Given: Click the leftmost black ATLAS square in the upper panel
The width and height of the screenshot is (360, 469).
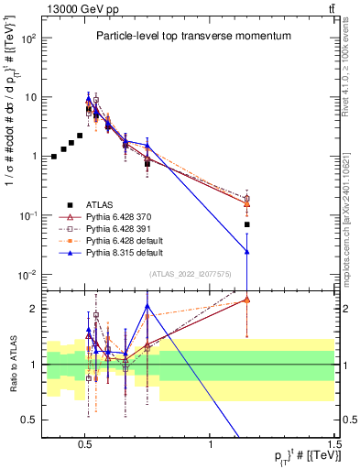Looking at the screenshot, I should pos(54,157).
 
